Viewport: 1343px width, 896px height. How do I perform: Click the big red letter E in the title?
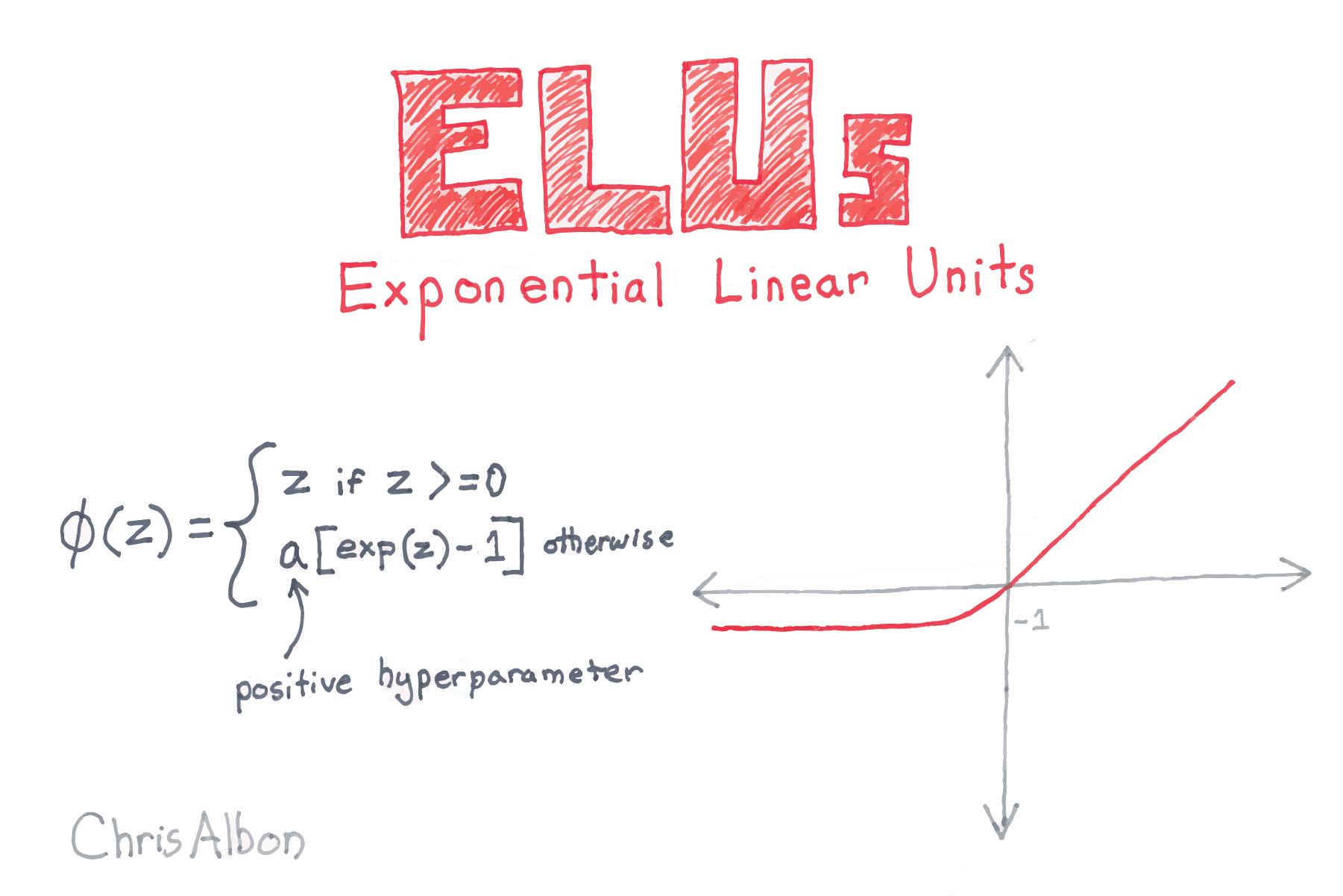point(456,153)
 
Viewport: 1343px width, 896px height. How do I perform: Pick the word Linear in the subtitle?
point(790,283)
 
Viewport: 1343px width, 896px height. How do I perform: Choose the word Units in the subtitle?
point(969,274)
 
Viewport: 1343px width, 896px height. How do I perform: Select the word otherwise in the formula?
point(608,539)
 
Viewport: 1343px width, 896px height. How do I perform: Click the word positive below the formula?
point(293,687)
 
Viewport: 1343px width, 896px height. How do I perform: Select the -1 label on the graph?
point(1032,619)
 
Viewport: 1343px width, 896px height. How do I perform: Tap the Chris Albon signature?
point(188,836)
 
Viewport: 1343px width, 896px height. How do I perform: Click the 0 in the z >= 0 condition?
point(496,480)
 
